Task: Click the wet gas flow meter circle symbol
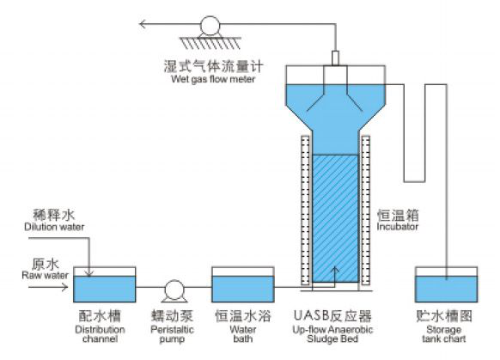coord(210,26)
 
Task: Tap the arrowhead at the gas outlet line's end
coord(143,24)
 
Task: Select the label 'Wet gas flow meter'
coord(213,79)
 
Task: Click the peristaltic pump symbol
coord(174,290)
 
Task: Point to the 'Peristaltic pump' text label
coord(172,334)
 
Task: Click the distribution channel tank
coord(105,284)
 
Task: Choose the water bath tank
coord(243,284)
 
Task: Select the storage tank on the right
coord(447,284)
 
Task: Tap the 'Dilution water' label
coord(54,227)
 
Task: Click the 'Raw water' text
coord(45,275)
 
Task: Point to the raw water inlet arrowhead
coord(64,287)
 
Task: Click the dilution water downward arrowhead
coord(89,272)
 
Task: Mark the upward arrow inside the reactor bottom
coord(334,275)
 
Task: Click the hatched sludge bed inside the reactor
coord(335,218)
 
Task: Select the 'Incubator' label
coord(397,226)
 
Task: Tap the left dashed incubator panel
coord(305,211)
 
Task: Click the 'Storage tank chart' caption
coord(444,334)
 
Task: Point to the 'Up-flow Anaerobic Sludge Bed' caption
coord(332,334)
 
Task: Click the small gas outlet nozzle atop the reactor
coord(335,58)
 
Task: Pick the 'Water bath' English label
coord(243,334)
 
